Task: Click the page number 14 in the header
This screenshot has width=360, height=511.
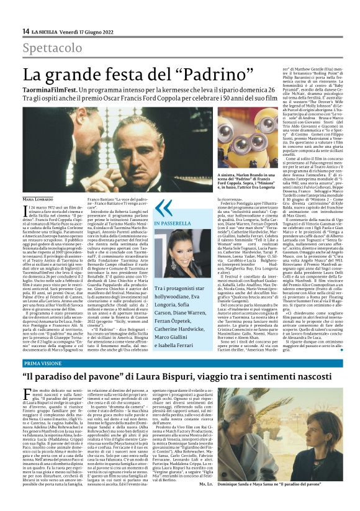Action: click(25, 31)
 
